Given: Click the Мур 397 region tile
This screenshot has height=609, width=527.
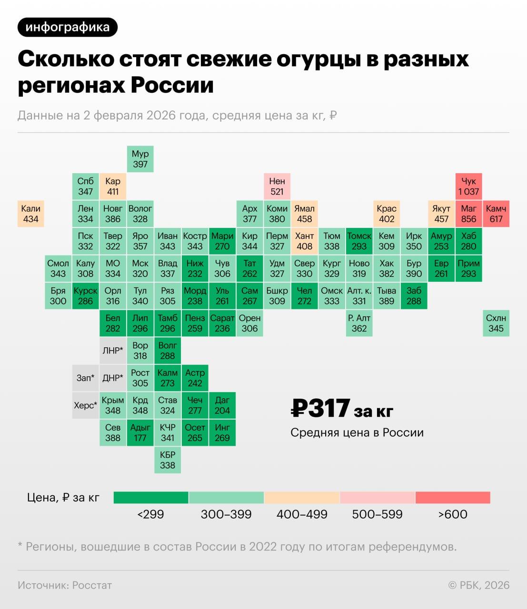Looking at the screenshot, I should point(140,159).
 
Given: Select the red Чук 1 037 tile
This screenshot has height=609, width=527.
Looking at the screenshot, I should point(468,186).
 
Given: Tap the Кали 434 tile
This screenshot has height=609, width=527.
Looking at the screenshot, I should point(30,214).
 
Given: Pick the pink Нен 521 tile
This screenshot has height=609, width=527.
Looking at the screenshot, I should point(277,186).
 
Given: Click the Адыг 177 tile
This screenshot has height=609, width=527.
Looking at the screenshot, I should point(140,432).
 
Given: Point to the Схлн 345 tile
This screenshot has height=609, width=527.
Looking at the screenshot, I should point(496,323).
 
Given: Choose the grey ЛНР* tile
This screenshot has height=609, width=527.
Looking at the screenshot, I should point(113,351).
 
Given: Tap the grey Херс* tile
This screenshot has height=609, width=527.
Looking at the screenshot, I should point(85,405).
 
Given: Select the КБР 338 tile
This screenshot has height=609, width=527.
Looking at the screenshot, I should point(168,460).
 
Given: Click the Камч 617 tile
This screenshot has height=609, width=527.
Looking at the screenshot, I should point(496,214).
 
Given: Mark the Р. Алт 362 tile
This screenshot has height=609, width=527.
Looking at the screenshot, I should point(359,323).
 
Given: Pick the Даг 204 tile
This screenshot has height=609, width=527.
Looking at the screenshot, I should point(222,405).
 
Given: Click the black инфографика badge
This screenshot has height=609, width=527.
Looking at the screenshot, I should point(67,27).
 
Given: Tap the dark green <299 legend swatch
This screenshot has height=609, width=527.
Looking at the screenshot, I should point(151,498).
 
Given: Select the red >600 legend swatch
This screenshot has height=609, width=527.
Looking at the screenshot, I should point(453,498).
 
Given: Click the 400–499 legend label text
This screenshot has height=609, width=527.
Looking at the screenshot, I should point(302,514).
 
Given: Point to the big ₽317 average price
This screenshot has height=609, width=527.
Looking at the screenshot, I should point(320,409).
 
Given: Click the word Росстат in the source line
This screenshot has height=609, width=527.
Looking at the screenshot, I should point(92,585).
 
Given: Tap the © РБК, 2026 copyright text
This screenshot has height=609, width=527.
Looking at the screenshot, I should point(478,585).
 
